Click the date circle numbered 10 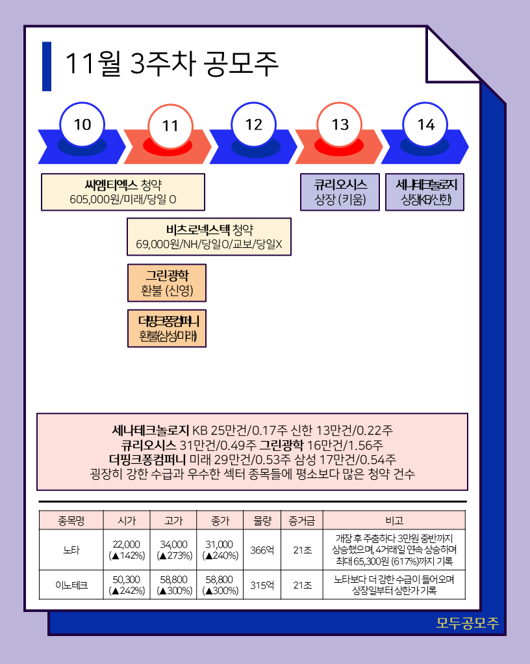82,124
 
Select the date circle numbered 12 254,124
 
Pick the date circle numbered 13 340,126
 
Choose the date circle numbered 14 426,125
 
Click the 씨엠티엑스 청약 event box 123,192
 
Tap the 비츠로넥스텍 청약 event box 208,237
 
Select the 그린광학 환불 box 167,282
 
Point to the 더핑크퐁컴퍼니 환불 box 167,328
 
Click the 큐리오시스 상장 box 340,192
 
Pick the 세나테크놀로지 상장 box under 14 425,192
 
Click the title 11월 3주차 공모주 171,64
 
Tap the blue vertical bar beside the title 46,66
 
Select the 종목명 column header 71,520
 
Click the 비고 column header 394,520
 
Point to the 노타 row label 71,550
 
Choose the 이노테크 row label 71,585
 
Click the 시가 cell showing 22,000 127,550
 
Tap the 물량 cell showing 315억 262,585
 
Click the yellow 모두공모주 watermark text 468,623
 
